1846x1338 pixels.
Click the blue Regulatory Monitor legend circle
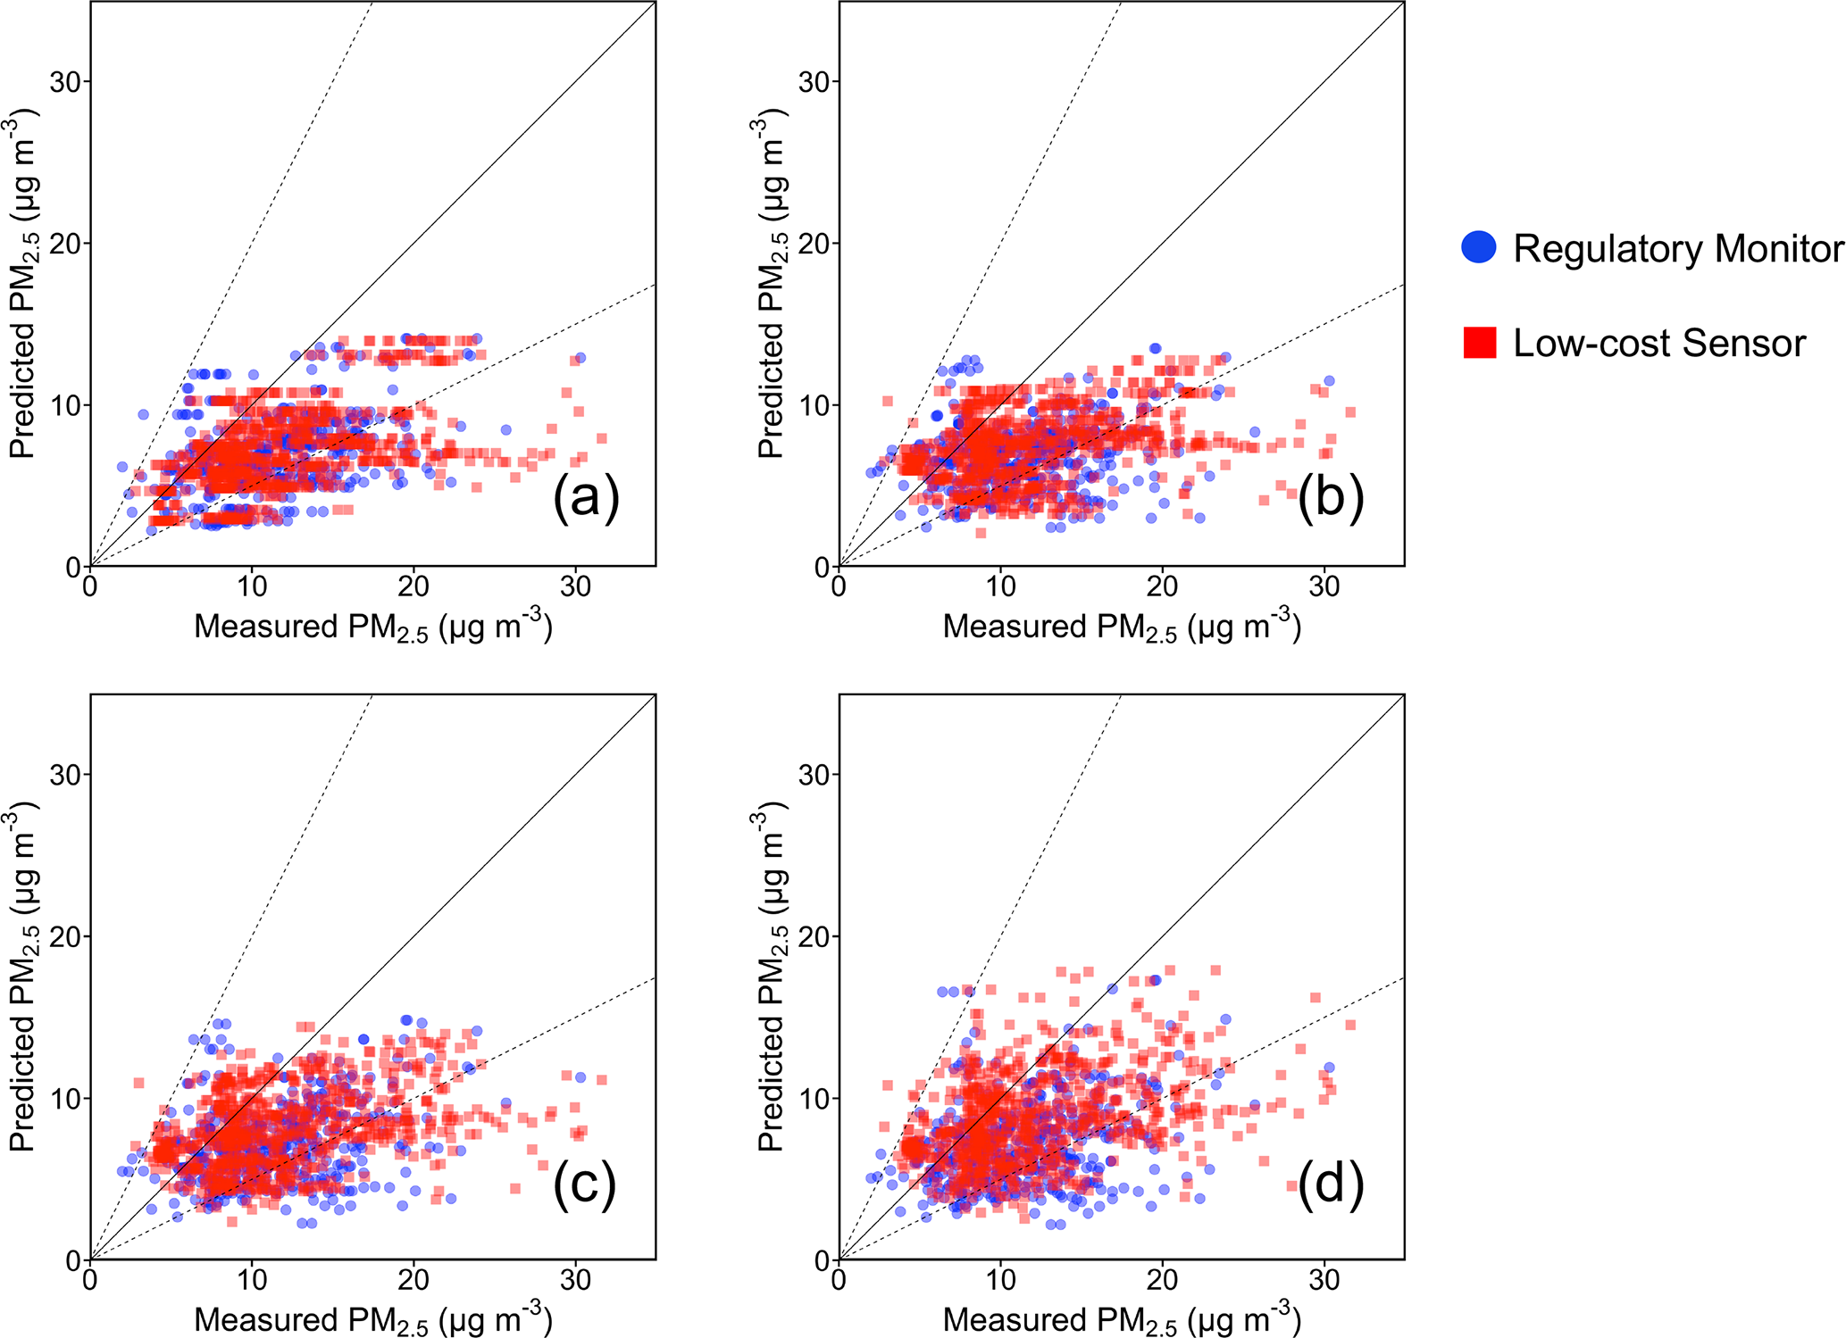1479,247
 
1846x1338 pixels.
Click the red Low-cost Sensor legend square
1479,343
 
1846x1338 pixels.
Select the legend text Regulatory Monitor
1678,249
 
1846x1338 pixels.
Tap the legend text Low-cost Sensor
1659,344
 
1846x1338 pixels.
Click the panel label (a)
586,498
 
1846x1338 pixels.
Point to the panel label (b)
1331,498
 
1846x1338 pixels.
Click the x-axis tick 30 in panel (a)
576,586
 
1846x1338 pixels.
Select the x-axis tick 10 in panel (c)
252,1280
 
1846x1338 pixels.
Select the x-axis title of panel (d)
1122,1318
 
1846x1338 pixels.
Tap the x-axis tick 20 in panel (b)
1163,586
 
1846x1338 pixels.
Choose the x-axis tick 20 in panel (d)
1163,1280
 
